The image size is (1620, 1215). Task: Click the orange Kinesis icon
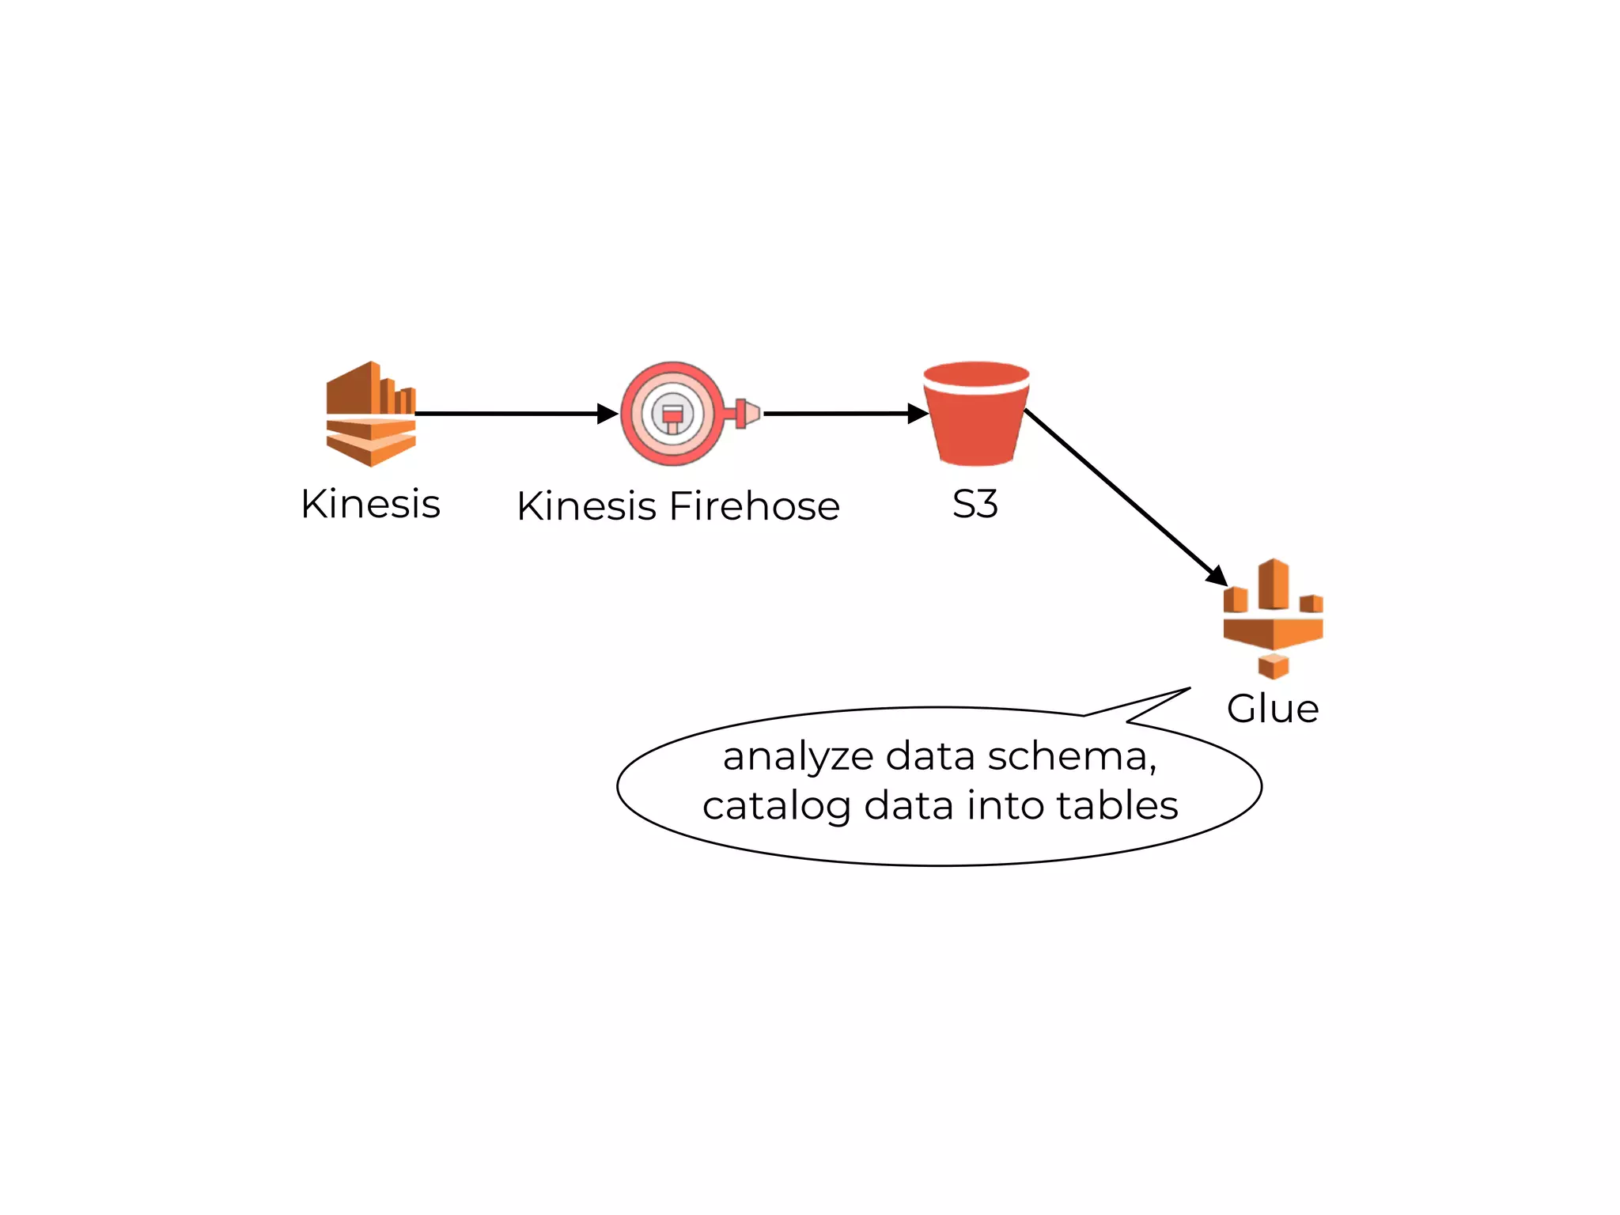click(x=370, y=413)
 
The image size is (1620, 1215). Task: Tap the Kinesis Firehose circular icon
click(x=672, y=413)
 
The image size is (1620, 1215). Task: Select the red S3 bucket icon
click(x=976, y=413)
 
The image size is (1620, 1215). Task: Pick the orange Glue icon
click(x=1273, y=618)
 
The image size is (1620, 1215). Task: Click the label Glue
click(x=1273, y=709)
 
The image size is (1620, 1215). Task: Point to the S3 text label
click(x=975, y=504)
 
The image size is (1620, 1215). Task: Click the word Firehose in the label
click(x=754, y=506)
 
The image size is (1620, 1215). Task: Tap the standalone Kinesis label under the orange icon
click(x=370, y=504)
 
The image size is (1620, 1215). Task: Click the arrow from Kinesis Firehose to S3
click(x=838, y=413)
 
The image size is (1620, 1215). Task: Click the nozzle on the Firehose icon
click(x=747, y=413)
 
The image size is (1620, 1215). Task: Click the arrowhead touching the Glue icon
click(x=1217, y=576)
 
